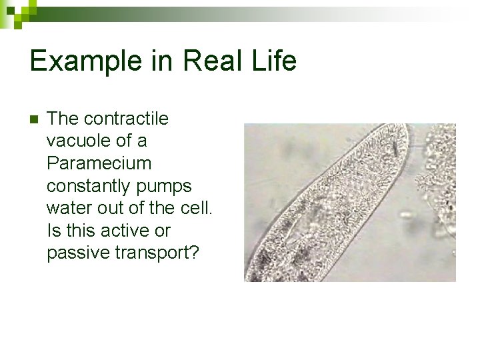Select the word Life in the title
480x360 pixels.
pos(275,61)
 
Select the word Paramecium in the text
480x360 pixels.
pos(99,163)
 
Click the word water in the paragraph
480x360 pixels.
pos(69,208)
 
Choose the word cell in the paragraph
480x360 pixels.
pos(197,208)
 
